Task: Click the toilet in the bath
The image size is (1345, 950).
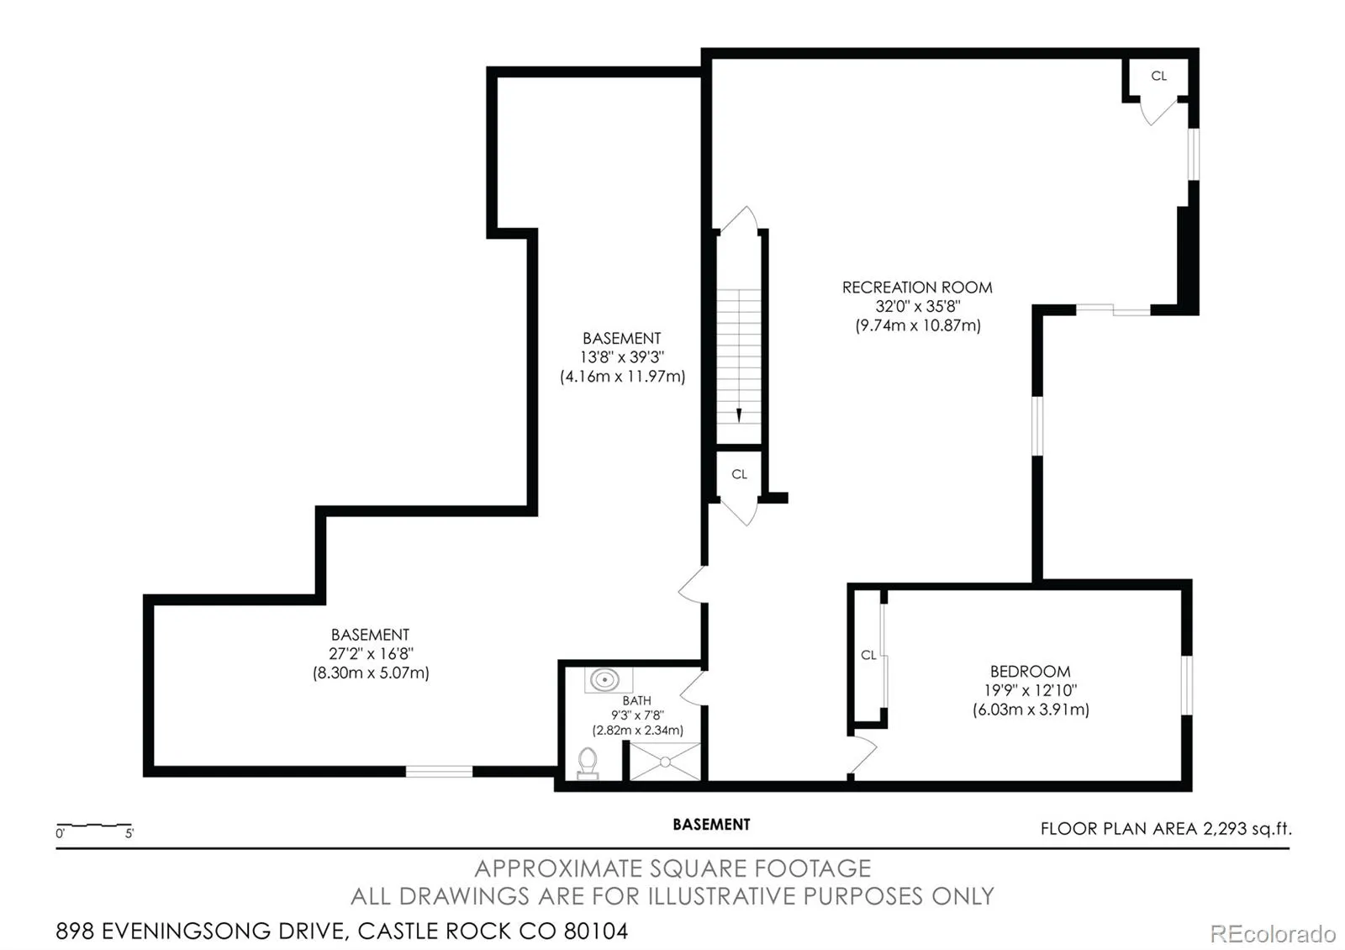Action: click(588, 763)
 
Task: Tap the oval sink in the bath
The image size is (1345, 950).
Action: click(604, 680)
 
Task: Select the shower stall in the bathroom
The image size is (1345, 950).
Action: click(665, 762)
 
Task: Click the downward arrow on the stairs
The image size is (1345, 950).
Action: click(739, 415)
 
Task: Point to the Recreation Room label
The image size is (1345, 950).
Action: click(917, 288)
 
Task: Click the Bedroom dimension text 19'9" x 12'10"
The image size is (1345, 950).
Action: click(1031, 690)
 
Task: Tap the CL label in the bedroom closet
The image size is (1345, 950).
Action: click(868, 655)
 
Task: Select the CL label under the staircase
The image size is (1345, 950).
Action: click(739, 474)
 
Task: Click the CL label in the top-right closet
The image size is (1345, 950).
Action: click(1158, 76)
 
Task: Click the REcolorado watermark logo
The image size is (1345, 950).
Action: click(1273, 934)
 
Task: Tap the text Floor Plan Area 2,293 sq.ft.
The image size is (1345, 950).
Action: click(1166, 829)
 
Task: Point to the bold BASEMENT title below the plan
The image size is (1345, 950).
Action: click(711, 825)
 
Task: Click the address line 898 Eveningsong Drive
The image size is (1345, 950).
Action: click(341, 932)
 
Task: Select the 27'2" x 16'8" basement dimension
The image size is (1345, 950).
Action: click(371, 654)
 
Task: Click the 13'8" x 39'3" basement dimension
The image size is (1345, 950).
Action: click(622, 357)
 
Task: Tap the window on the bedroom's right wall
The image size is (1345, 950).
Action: click(1187, 685)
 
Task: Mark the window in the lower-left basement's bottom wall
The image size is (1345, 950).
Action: click(439, 772)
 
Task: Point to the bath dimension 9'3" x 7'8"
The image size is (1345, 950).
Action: click(637, 715)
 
